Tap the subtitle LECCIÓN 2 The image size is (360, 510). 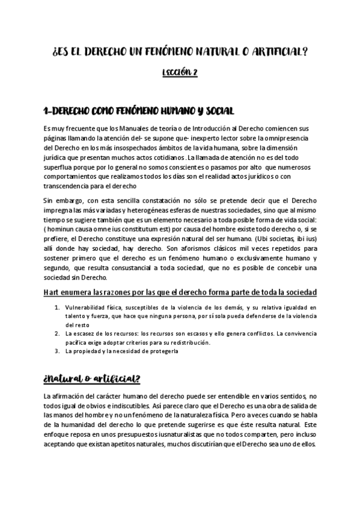(180, 73)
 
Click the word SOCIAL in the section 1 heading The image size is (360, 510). (215, 112)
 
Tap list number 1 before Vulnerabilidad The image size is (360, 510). (56, 307)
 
